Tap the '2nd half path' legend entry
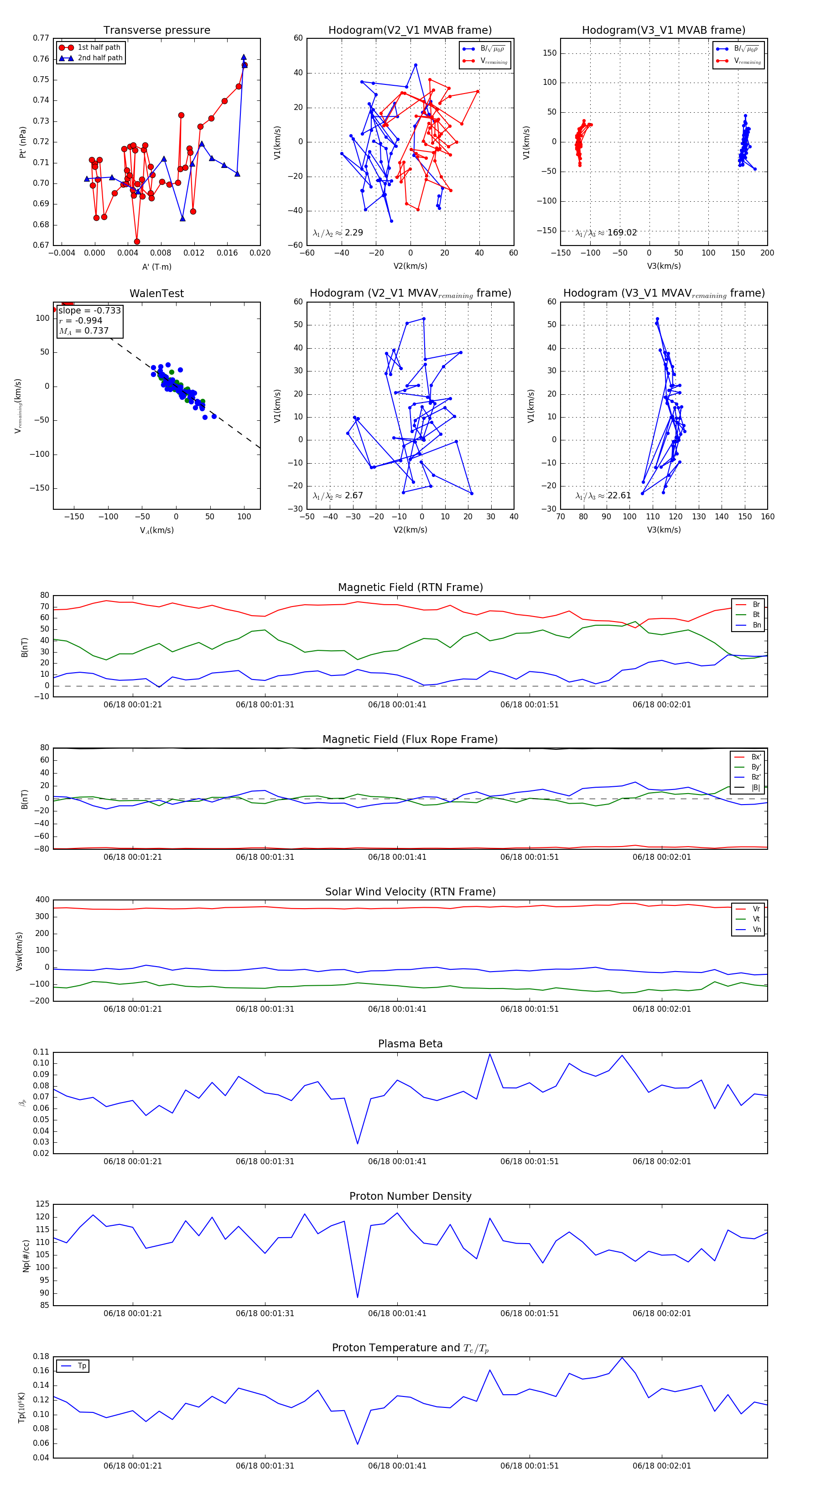pos(100,58)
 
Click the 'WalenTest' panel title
pos(156,293)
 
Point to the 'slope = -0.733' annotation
pos(89,310)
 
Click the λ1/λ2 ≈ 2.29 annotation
pos(338,233)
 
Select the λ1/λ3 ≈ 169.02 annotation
pos(606,233)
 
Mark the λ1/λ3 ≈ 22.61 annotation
pos(603,496)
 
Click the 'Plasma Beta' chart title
pos(410,1044)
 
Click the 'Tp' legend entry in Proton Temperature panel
pos(82,1366)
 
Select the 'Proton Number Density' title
pos(410,1196)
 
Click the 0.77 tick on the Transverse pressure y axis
pos(41,38)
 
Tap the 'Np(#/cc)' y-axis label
pos(26,1255)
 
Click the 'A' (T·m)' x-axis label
pos(156,267)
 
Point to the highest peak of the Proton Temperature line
pos(622,1357)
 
